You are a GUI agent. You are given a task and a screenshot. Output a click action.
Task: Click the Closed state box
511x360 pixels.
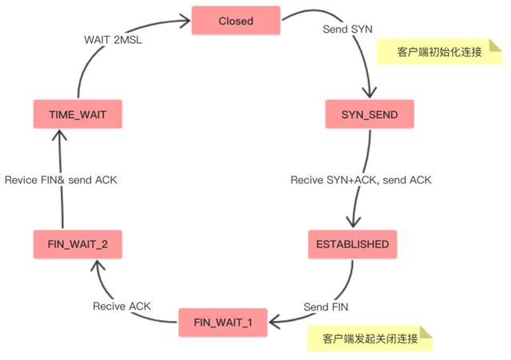click(235, 22)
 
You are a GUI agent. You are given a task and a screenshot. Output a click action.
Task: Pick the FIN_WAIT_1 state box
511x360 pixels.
click(224, 322)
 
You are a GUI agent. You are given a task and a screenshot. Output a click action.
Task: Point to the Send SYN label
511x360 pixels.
click(347, 29)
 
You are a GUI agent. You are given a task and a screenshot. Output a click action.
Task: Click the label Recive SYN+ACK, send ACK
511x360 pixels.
click(360, 180)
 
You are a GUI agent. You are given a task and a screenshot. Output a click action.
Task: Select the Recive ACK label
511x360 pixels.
click(121, 306)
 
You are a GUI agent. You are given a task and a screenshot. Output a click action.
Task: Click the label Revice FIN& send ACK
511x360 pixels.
click(61, 180)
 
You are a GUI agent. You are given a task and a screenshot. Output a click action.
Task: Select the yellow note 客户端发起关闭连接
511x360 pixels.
click(369, 338)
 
